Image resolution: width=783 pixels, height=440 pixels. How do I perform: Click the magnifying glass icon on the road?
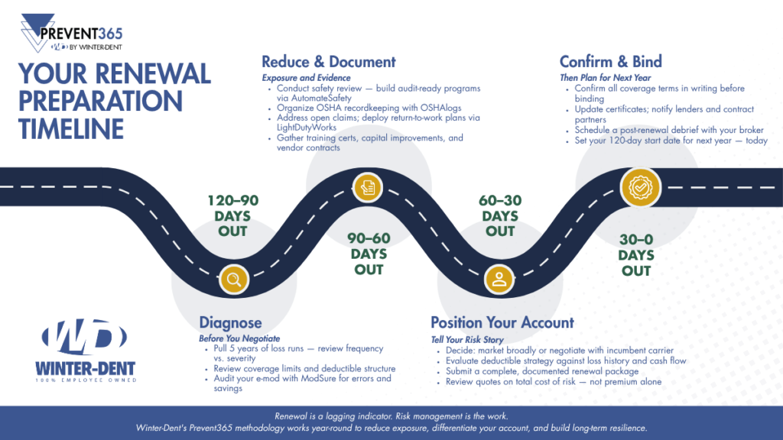(x=233, y=280)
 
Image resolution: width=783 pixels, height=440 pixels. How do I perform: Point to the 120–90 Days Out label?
(x=233, y=215)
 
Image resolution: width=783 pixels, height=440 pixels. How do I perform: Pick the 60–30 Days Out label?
(x=500, y=215)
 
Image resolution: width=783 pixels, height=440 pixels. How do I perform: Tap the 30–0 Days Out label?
(x=636, y=254)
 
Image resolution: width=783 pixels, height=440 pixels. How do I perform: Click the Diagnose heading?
(x=230, y=323)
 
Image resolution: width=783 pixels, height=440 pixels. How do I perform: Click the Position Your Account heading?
(x=502, y=322)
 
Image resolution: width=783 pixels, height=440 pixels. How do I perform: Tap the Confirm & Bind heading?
(x=611, y=62)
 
